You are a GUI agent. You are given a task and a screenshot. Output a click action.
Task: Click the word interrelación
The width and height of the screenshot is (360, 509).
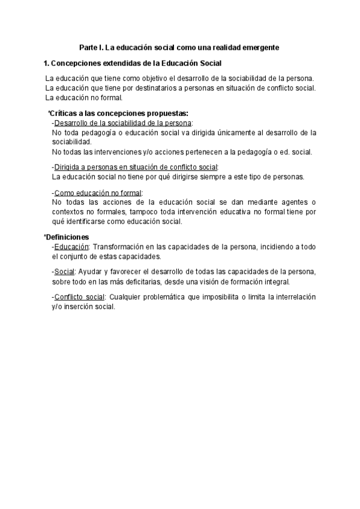coord(292,297)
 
